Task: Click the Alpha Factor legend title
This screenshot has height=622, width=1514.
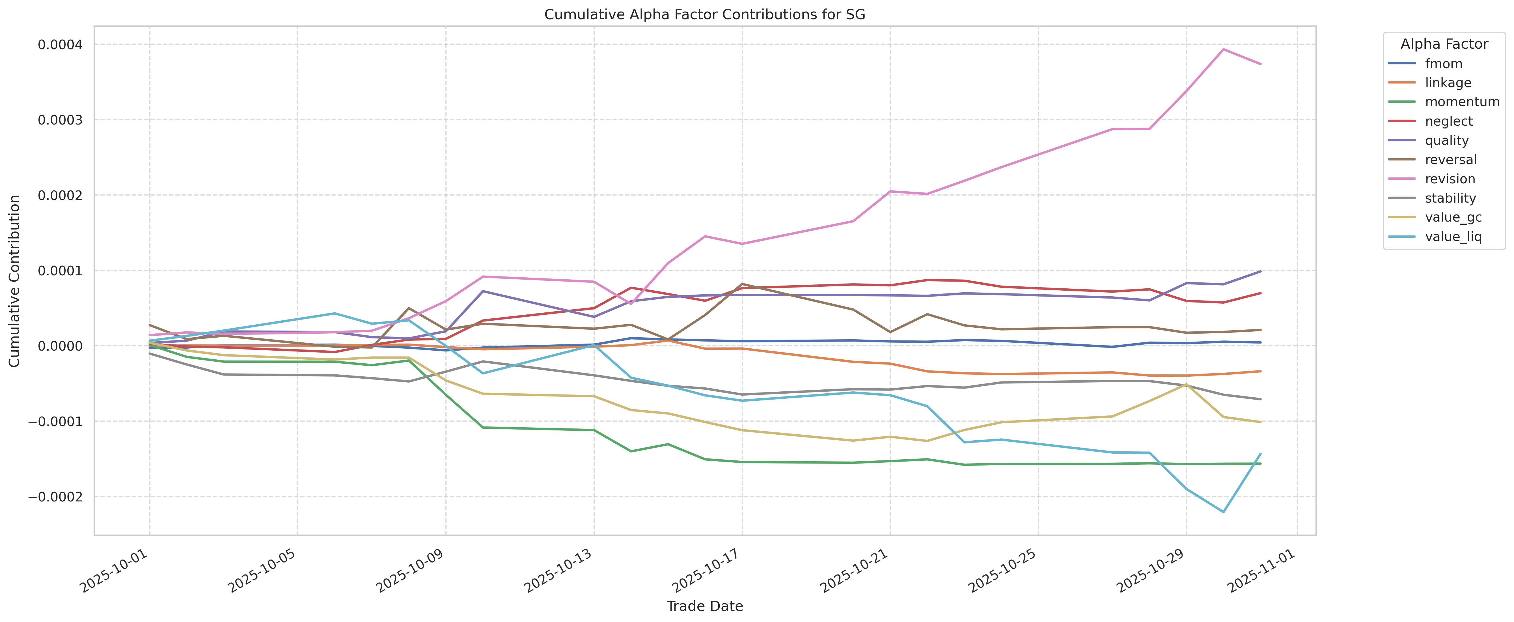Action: point(1444,44)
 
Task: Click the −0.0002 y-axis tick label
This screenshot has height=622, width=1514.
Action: point(56,497)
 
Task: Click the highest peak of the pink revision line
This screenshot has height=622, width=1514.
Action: point(1223,50)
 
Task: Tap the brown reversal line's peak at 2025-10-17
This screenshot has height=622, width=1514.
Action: point(742,284)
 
